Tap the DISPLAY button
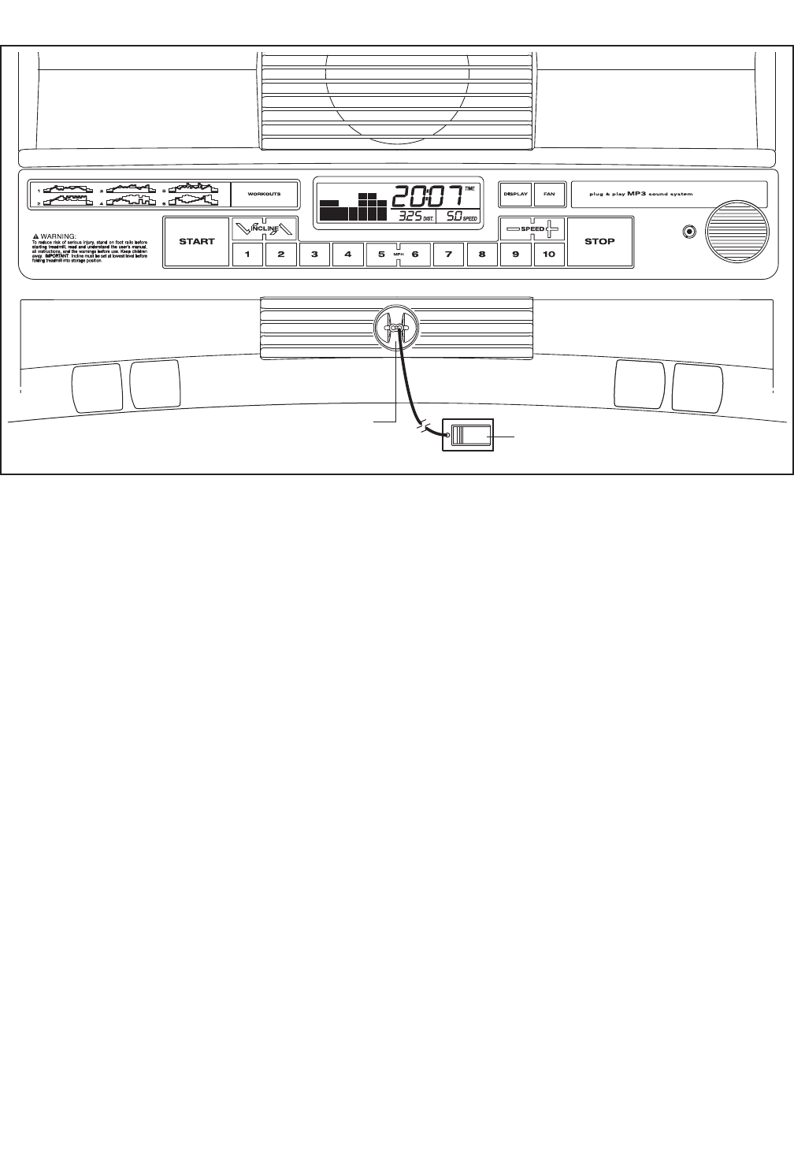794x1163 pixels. pos(516,194)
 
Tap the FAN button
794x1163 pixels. pos(549,194)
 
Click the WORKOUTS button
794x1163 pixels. pos(264,194)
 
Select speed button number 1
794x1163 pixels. pos(247,255)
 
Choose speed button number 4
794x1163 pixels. pos(347,255)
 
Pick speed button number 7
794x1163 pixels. pos(448,255)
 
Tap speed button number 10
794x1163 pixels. pos(549,255)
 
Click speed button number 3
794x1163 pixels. pos(314,255)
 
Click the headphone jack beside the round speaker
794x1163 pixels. pos(690,232)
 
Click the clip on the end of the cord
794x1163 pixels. pos(469,435)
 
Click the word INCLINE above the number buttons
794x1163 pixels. pos(265,228)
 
